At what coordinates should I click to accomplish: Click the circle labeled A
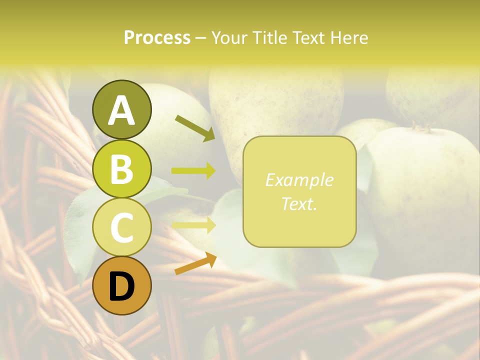click(x=122, y=109)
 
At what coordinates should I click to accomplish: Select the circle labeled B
click(x=122, y=168)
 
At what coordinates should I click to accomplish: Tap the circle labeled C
click(x=122, y=227)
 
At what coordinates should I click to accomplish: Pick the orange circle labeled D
click(x=122, y=285)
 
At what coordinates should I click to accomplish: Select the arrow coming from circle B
click(x=193, y=171)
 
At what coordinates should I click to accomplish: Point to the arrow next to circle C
click(x=193, y=225)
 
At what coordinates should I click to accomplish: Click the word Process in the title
click(x=157, y=37)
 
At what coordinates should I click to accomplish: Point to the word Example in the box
click(x=299, y=180)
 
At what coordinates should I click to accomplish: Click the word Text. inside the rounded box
click(x=299, y=203)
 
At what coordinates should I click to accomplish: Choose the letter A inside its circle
click(x=122, y=110)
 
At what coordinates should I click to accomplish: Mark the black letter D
click(x=122, y=286)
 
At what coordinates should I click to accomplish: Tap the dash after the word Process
click(x=201, y=38)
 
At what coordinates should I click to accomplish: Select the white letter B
click(x=122, y=169)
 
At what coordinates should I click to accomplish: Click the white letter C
click(x=122, y=227)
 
